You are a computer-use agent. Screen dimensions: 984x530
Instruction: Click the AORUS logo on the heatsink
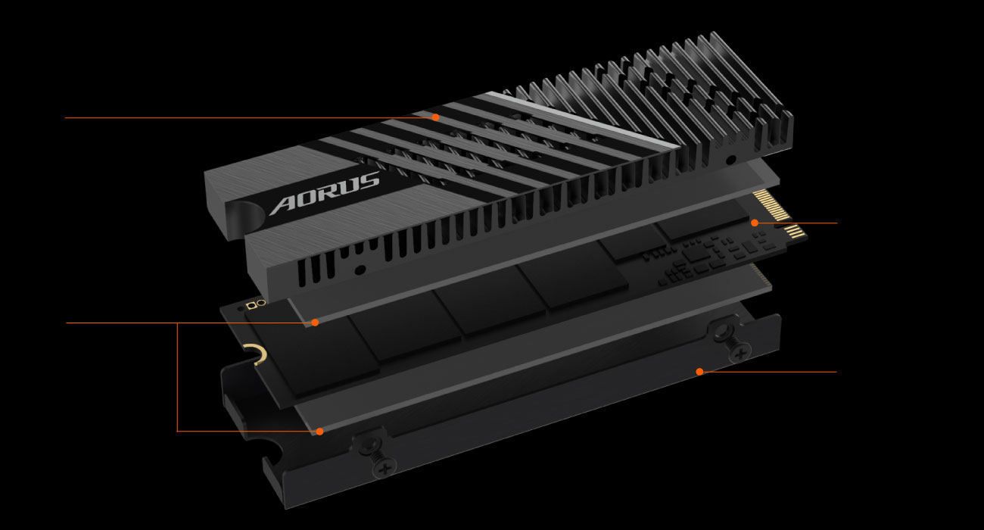click(x=324, y=193)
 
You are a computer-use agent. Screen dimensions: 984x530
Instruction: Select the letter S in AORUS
click(x=368, y=181)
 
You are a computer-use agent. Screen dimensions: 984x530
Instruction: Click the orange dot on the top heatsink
click(x=435, y=117)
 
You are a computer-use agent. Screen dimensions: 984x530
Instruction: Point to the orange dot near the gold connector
click(x=755, y=223)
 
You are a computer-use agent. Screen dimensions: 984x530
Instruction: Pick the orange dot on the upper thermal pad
click(x=315, y=323)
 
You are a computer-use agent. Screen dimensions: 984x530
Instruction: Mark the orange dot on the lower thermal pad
click(x=319, y=432)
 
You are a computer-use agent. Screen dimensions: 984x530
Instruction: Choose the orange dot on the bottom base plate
click(x=700, y=372)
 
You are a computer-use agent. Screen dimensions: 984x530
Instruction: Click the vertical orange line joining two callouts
click(x=177, y=377)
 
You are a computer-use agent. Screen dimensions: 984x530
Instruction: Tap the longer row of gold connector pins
click(x=771, y=204)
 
